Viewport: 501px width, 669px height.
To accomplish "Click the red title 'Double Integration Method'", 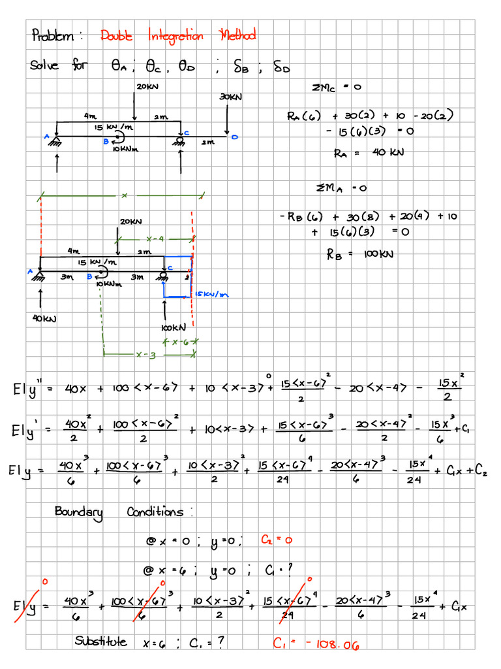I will pos(177,35).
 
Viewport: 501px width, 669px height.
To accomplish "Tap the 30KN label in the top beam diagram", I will pos(230,97).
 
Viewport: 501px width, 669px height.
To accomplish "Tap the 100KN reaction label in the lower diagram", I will pos(174,327).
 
